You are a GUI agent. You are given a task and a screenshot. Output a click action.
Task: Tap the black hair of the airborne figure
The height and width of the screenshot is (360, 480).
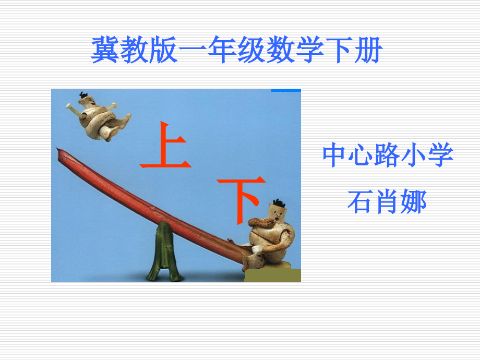click(83, 95)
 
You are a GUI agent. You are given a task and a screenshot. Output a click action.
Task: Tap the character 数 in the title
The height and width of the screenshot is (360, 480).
click(281, 51)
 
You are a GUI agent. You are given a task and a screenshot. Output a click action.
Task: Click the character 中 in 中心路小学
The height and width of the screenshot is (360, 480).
click(335, 155)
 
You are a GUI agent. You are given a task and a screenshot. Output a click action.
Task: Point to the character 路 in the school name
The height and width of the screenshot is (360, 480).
click(388, 155)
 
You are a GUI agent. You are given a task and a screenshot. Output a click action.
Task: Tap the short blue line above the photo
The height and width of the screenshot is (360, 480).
click(286, 90)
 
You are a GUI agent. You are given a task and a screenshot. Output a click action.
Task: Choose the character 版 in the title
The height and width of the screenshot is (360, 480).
click(157, 51)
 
